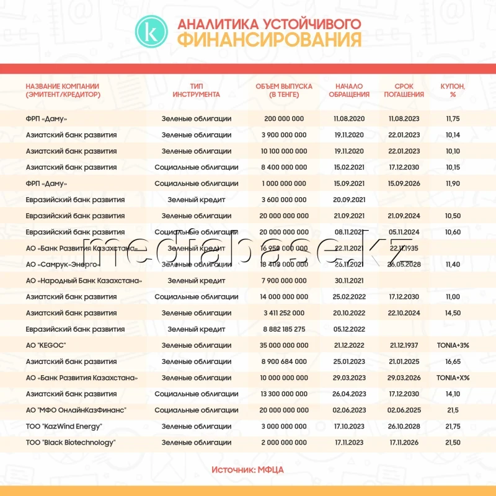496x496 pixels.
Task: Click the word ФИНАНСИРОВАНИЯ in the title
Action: (x=268, y=40)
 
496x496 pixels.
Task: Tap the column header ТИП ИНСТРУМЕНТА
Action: (x=196, y=91)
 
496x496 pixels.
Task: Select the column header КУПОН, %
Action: (x=453, y=91)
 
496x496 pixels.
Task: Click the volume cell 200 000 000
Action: (x=284, y=118)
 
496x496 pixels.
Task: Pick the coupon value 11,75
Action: (x=453, y=118)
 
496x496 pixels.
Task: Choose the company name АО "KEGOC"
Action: (x=46, y=345)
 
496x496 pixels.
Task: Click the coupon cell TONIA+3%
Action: (x=453, y=345)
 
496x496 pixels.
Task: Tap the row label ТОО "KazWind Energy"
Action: (x=64, y=427)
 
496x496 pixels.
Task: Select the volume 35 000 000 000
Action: (x=284, y=345)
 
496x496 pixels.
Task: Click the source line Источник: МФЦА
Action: (x=247, y=470)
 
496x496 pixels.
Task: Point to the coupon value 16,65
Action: (x=453, y=361)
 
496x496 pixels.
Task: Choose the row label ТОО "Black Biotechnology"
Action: (x=71, y=443)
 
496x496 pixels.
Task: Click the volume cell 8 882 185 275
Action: (x=284, y=329)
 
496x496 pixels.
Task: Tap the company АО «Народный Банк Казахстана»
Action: (x=84, y=280)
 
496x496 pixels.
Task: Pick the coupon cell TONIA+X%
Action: (x=453, y=378)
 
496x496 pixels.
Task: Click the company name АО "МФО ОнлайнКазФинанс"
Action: (x=76, y=410)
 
